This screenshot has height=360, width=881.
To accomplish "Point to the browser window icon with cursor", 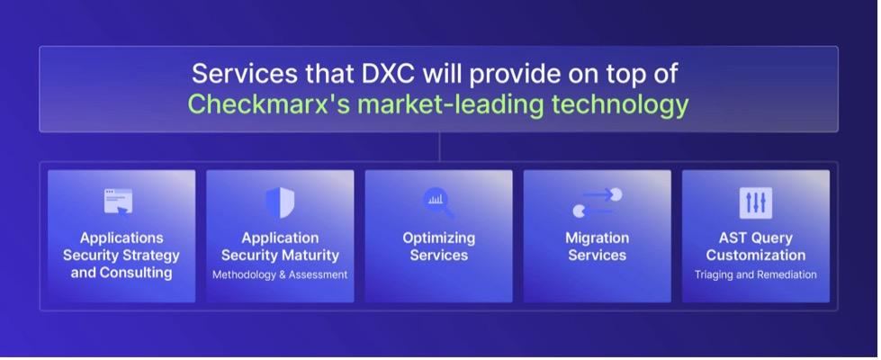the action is click(x=119, y=202).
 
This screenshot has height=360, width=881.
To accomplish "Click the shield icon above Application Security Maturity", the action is click(x=280, y=202).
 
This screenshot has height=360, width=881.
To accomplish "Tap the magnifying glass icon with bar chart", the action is click(x=438, y=203).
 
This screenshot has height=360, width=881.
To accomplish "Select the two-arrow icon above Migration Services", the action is click(x=598, y=202).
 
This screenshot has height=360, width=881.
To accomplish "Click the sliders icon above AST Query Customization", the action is click(x=756, y=202).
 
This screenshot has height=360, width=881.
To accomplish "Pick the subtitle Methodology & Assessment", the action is click(x=280, y=274).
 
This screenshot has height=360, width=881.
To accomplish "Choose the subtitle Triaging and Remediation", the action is click(x=756, y=274).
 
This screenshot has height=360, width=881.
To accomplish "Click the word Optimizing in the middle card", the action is click(x=439, y=238).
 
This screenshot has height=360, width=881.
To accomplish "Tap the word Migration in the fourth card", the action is click(x=598, y=238).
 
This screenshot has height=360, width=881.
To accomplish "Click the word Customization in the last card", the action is click(x=756, y=256).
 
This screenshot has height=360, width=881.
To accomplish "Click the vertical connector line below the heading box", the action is click(x=439, y=147).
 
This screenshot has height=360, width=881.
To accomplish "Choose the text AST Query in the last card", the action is click(x=756, y=238).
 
